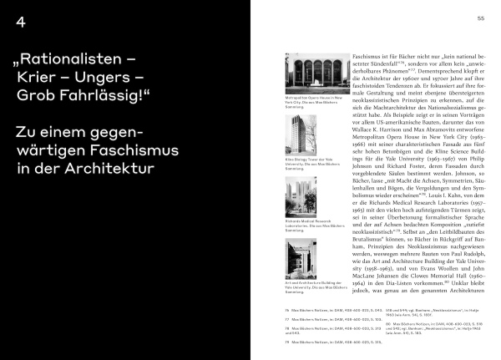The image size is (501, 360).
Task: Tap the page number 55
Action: coord(481,18)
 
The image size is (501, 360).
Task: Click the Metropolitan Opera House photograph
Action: coord(317,78)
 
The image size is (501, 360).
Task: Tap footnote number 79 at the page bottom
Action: coord(287,342)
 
